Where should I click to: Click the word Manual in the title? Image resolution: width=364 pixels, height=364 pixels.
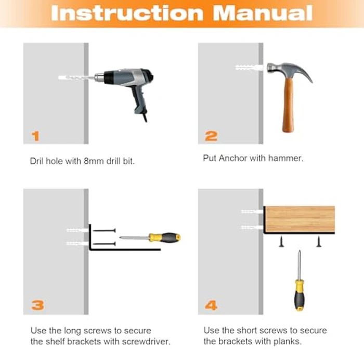pos(263,13)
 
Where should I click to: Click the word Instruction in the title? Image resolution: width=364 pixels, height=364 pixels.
pos(127,13)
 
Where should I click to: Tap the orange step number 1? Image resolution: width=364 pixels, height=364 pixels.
pos(35,136)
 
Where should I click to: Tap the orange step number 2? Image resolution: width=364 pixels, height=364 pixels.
pos(211,136)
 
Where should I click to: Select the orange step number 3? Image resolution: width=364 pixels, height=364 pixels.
pos(37,305)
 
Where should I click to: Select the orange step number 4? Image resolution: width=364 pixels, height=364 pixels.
pos(211,305)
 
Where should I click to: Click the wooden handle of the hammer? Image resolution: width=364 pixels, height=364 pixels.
pos(288,105)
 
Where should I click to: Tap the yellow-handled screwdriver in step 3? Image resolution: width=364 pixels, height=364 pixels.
pos(150,238)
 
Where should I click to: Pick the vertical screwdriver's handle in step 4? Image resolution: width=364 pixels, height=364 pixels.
pos(300,295)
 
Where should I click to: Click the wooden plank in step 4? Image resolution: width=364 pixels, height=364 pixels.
pos(300,219)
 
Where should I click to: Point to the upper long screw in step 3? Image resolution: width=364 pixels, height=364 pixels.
pos(104,230)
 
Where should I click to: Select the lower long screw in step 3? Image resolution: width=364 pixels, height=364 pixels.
pos(104,244)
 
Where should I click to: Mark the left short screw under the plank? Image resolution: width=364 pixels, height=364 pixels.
pos(281,241)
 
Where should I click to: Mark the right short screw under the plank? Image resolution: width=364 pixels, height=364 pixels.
pos(319,241)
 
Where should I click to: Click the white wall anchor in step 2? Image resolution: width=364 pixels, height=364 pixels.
pos(249,68)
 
